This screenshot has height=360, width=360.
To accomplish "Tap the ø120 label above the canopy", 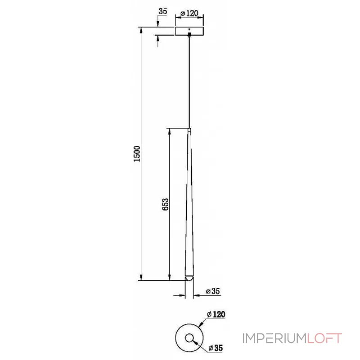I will (189, 14).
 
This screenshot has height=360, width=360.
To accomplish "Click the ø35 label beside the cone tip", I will (212, 291).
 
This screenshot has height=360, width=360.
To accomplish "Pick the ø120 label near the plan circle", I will (216, 315).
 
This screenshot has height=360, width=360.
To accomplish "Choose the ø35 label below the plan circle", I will (216, 348).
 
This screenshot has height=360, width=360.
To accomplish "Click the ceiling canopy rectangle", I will (189, 31).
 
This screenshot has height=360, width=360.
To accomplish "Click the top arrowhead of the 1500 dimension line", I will (141, 31).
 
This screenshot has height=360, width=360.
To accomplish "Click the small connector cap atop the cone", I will (189, 130).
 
